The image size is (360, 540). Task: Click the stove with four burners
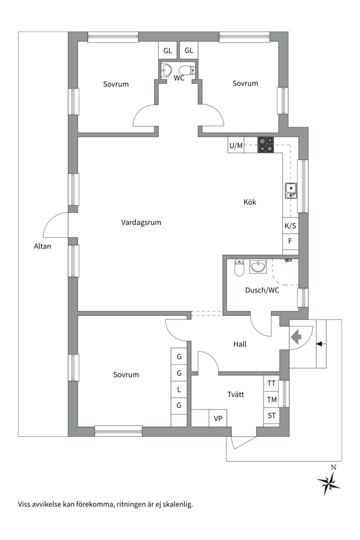click(266, 144)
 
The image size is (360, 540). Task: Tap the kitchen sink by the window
click(290, 190)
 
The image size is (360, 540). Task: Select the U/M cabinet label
click(235, 145)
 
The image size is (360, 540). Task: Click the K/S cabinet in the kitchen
click(290, 226)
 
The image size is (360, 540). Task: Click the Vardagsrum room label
click(141, 222)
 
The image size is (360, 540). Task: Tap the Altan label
click(42, 246)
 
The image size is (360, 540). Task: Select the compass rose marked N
click(328, 483)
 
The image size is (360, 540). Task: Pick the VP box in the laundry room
click(218, 418)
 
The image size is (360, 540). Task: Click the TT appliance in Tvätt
click(271, 383)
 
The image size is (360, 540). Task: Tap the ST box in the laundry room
click(271, 415)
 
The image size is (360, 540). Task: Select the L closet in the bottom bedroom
click(178, 389)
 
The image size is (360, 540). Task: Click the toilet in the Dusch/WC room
click(239, 267)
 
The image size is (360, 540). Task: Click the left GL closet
click(167, 50)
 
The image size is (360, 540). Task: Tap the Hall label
click(240, 344)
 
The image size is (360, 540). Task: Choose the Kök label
click(250, 202)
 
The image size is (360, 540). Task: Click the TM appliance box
click(271, 399)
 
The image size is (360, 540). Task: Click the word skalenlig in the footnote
click(177, 504)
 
